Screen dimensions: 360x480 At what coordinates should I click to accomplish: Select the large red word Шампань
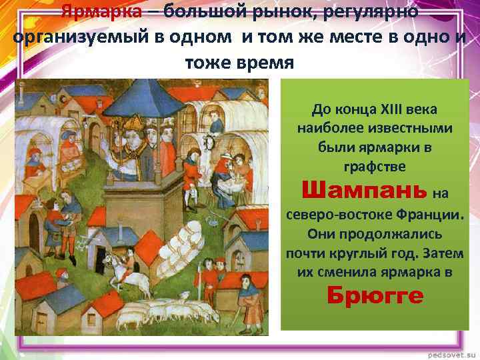[x=363, y=191]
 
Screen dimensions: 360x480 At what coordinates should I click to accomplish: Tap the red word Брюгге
[x=375, y=296]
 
